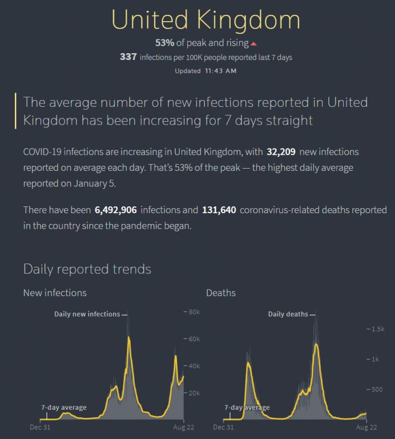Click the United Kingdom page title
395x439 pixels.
coord(205,19)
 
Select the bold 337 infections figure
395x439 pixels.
coord(128,57)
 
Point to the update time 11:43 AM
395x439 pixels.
coord(220,71)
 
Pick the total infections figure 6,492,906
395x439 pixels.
coord(116,210)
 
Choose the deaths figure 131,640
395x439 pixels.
coord(219,210)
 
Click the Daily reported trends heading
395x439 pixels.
coord(87,269)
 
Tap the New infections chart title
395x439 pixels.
coord(55,293)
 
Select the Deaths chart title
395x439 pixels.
coord(221,293)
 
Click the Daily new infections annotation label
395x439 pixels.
coord(87,314)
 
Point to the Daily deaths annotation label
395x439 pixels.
coord(288,314)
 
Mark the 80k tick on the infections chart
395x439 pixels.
coord(192,312)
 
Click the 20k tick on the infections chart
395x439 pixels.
coord(192,393)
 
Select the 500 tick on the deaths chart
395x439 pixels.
coord(377,390)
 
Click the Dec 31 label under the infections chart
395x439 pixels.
coord(41,427)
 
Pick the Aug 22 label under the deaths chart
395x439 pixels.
coord(366,427)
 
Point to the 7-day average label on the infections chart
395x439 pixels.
coord(64,408)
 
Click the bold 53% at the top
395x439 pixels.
coord(164,43)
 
